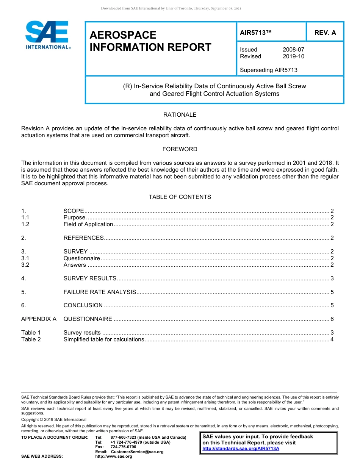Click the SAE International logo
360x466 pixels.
click(47, 35)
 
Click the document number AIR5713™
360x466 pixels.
click(256, 33)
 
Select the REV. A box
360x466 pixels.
click(325, 33)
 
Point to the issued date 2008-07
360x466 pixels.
click(293, 50)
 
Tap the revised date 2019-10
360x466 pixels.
click(293, 56)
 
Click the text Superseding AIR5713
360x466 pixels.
click(269, 70)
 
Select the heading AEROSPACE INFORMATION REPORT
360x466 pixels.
click(150, 41)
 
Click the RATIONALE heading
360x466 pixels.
click(180, 115)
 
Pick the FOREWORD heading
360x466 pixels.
click(180, 149)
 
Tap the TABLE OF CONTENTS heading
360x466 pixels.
click(180, 197)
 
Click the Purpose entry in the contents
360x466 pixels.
click(74, 217)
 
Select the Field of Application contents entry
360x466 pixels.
click(88, 224)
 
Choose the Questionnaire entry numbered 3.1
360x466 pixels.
click(81, 258)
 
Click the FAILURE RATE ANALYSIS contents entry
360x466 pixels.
click(100, 292)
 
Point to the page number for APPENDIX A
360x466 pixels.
click(332, 319)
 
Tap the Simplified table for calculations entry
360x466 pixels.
click(103, 339)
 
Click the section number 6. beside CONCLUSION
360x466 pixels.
click(23, 305)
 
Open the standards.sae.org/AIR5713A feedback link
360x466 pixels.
click(241, 449)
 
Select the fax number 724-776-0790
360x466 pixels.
click(123, 447)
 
